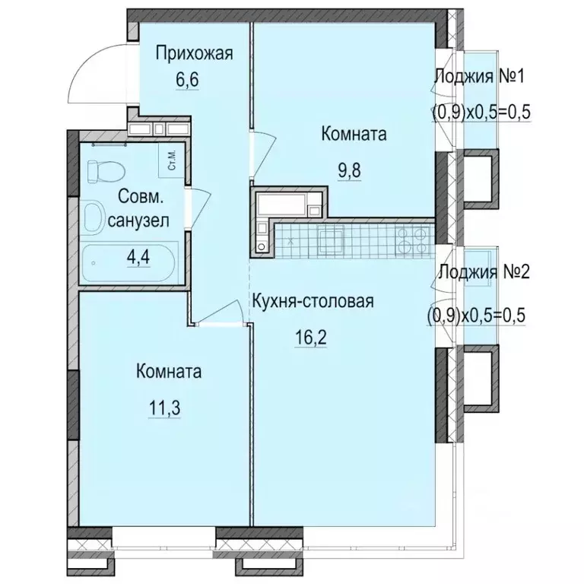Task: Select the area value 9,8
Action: tap(349, 168)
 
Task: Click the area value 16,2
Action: tap(313, 336)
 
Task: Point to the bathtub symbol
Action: tap(129, 263)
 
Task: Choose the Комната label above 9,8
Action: tap(354, 135)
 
